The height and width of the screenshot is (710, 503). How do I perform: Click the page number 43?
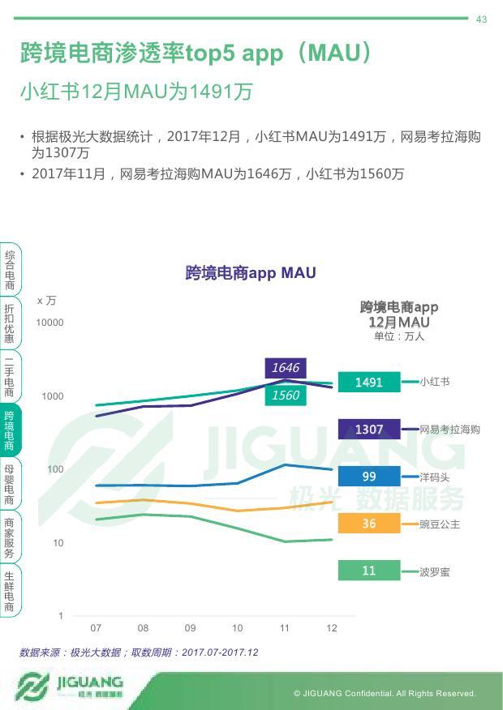click(x=481, y=19)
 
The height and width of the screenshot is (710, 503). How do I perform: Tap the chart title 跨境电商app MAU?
click(x=251, y=273)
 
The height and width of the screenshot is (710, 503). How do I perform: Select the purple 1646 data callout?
click(x=286, y=368)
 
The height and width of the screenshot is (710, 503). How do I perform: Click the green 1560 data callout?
click(x=286, y=396)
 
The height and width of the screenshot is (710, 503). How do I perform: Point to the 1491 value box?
click(x=369, y=382)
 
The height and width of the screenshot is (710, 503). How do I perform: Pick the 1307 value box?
click(x=369, y=429)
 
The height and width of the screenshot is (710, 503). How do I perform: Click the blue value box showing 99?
click(x=369, y=477)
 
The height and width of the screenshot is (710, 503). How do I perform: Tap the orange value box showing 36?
click(x=369, y=524)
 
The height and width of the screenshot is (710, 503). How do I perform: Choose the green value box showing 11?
click(x=369, y=571)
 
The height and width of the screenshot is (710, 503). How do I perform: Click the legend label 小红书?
click(x=435, y=382)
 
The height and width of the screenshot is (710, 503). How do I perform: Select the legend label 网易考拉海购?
click(x=449, y=429)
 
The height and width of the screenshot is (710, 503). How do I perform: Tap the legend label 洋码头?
click(x=435, y=477)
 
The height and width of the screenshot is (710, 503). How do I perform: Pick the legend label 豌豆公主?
click(x=440, y=524)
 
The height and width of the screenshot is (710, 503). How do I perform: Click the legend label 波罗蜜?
click(x=435, y=571)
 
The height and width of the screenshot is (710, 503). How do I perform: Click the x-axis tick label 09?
click(x=191, y=628)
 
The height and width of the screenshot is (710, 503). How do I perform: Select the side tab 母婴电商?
click(x=10, y=485)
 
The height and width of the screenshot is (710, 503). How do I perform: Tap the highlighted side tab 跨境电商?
click(x=10, y=431)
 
